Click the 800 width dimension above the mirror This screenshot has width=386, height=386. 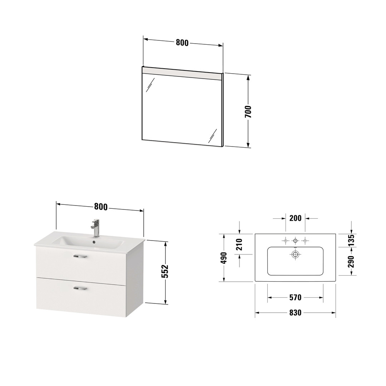(x=182, y=43)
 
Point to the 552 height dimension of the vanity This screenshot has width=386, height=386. (x=165, y=271)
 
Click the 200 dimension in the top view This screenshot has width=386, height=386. (x=296, y=218)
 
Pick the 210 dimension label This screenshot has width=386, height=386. (x=239, y=244)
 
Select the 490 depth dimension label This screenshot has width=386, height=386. (x=224, y=258)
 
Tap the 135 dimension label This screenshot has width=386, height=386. (x=351, y=240)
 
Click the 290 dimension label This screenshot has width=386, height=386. (x=351, y=261)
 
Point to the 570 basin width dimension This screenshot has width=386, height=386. (x=296, y=298)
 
